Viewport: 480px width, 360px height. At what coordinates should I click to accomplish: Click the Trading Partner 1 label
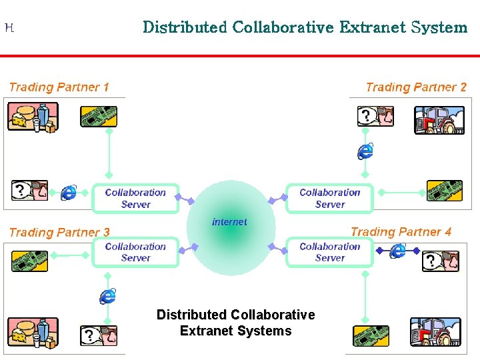click(x=59, y=87)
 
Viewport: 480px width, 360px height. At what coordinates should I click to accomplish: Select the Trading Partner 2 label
click(x=416, y=87)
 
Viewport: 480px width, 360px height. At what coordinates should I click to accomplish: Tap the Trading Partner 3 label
click(x=59, y=232)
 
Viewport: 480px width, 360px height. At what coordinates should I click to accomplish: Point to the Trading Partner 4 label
click(x=401, y=232)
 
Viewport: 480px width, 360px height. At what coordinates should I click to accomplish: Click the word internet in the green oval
click(x=229, y=222)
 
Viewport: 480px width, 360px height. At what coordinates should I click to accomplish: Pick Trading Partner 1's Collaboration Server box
click(x=135, y=198)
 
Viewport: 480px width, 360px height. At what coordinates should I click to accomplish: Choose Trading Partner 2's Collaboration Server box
click(x=329, y=198)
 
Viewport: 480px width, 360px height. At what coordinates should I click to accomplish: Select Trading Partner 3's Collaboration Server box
click(x=135, y=252)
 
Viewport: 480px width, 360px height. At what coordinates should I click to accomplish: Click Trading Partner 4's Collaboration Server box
click(x=329, y=252)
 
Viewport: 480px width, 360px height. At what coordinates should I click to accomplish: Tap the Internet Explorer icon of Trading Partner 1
click(x=69, y=193)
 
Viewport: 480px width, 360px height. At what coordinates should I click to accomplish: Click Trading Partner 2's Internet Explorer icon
click(x=365, y=151)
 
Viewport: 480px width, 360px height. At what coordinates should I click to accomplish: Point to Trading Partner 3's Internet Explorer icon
click(x=108, y=295)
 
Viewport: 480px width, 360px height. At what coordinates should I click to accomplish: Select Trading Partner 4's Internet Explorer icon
click(x=398, y=251)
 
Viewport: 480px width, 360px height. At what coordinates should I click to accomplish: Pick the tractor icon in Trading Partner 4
click(x=435, y=331)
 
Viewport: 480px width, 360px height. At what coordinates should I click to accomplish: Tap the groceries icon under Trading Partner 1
click(x=32, y=117)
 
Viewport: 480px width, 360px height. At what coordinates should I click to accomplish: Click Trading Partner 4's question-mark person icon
click(x=441, y=261)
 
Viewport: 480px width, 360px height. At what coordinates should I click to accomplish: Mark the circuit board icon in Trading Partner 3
click(x=30, y=260)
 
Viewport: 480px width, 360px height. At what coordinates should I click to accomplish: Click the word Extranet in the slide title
click(x=373, y=27)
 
